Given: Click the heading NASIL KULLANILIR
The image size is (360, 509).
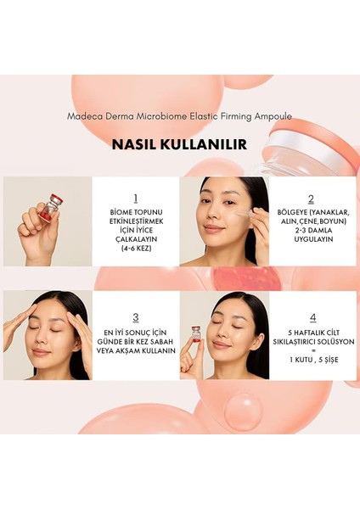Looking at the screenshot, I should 179,144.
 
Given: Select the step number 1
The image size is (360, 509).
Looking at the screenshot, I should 135,199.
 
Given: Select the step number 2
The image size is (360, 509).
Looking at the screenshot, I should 311,199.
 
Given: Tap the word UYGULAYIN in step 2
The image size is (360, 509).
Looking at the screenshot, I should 310,239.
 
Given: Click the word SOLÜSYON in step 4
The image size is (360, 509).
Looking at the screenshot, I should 325,347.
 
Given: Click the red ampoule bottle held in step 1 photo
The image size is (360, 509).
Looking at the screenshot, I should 53,208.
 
